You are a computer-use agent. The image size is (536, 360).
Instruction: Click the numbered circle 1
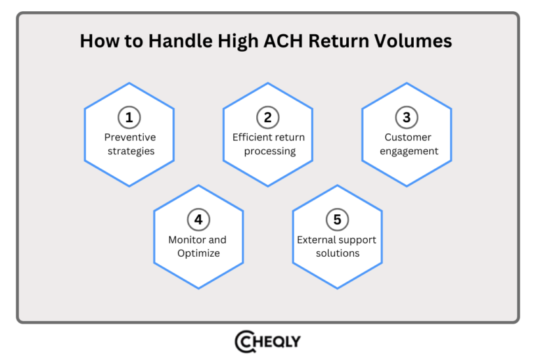click(129, 117)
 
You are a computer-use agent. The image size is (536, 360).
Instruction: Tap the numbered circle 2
click(268, 117)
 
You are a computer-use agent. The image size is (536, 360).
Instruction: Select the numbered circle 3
click(407, 117)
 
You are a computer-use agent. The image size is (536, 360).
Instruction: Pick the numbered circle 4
click(198, 219)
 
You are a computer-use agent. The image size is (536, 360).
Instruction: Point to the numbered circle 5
click(337, 219)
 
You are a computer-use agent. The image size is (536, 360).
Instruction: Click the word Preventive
click(130, 137)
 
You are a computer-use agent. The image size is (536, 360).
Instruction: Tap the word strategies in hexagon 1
click(130, 151)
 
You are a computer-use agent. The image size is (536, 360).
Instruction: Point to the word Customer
click(407, 137)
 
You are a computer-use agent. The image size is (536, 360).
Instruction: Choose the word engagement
click(407, 151)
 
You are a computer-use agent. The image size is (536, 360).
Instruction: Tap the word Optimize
click(198, 253)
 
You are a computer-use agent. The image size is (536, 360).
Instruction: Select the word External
click(316, 240)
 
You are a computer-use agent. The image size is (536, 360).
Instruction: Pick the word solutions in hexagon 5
click(337, 253)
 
